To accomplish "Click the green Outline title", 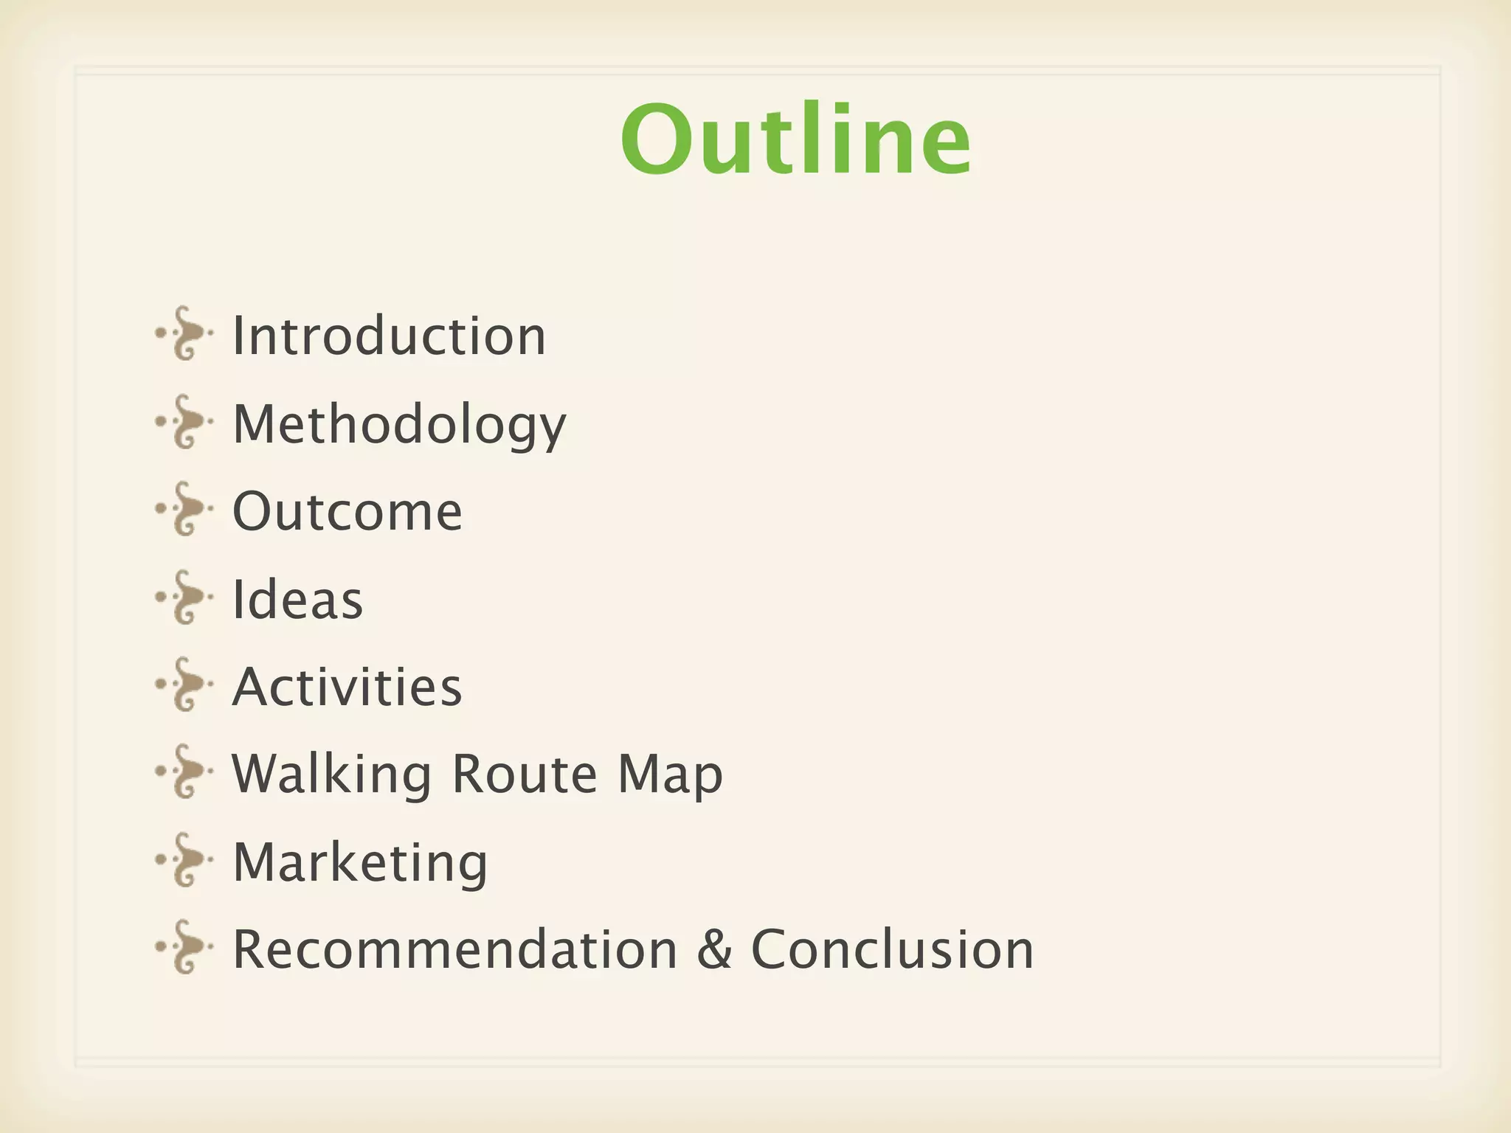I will pos(795,140).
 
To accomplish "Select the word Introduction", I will pos(389,336).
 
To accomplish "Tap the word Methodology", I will pos(399,425).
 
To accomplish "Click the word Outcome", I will pos(347,511).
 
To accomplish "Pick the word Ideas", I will pos(297,599).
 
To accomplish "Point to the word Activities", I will pos(347,687).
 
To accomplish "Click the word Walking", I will pos(331,775).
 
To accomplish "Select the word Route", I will pos(524,775).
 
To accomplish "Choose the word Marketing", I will pos(360,862).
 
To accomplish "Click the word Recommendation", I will pos(454,949).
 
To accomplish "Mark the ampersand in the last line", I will pos(714,949).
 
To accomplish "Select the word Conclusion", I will pos(892,949).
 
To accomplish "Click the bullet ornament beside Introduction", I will pos(184,333).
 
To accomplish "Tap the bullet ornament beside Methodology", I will pos(184,422).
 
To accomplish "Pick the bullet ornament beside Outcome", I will pos(184,509).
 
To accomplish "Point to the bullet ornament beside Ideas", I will pos(184,597).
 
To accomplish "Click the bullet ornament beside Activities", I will pos(184,685).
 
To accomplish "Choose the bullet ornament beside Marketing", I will pos(184,859).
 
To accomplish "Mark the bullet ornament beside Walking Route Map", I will pos(184,772).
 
